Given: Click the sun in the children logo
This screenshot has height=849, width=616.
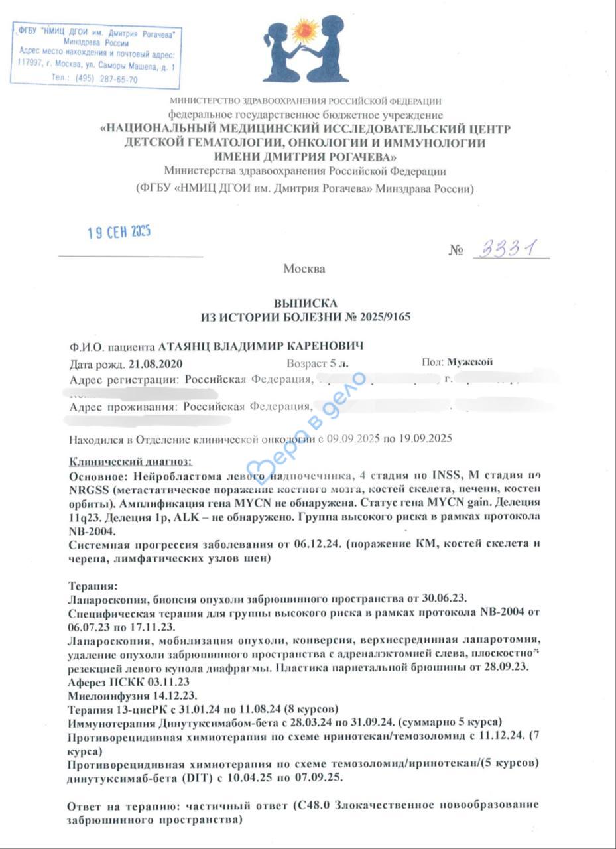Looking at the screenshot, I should [306, 30].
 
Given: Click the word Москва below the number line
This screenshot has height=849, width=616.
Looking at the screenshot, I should [304, 269].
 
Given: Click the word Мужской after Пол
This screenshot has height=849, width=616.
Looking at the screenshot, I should [470, 363].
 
